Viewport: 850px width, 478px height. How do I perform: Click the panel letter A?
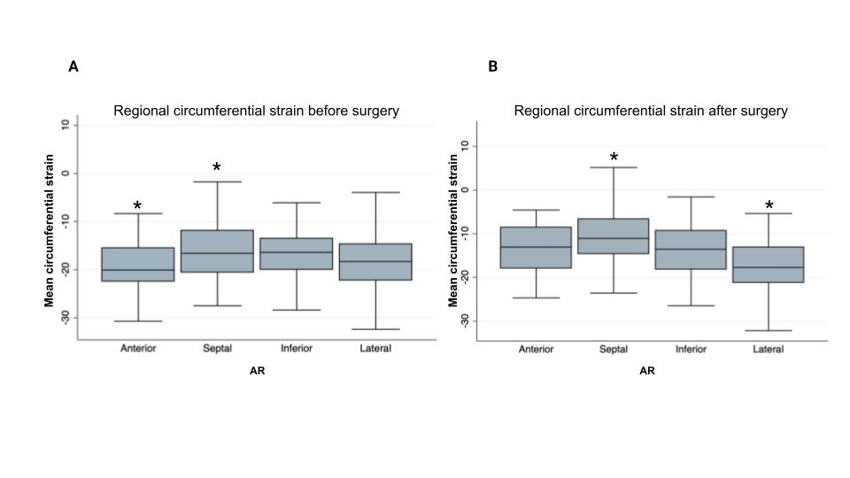pos(73,66)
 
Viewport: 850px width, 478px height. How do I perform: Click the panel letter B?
pos(493,66)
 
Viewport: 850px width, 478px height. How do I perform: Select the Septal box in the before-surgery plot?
pos(217,251)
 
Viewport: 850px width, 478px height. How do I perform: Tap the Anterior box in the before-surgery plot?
pos(138,265)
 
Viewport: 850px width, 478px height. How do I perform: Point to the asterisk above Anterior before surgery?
pos(137,207)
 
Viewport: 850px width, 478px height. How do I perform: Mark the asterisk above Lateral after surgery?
pos(769,207)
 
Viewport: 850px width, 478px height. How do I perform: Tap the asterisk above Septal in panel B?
pos(614,158)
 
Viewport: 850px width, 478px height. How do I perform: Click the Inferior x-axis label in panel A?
pos(296,349)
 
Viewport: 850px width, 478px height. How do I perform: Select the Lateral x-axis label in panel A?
pos(375,349)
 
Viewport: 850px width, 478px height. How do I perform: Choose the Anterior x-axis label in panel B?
pos(536,350)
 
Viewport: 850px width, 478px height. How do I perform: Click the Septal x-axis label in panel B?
pos(614,350)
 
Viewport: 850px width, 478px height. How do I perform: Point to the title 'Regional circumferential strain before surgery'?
pos(256,112)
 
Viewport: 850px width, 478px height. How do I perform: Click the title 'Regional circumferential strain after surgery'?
pos(651,112)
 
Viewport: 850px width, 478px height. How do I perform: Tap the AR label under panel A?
pos(257,371)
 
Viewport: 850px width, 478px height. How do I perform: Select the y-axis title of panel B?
pos(453,230)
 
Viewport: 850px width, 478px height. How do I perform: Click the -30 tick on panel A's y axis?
pos(64,317)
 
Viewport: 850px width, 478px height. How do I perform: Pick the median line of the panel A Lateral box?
pos(375,261)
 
